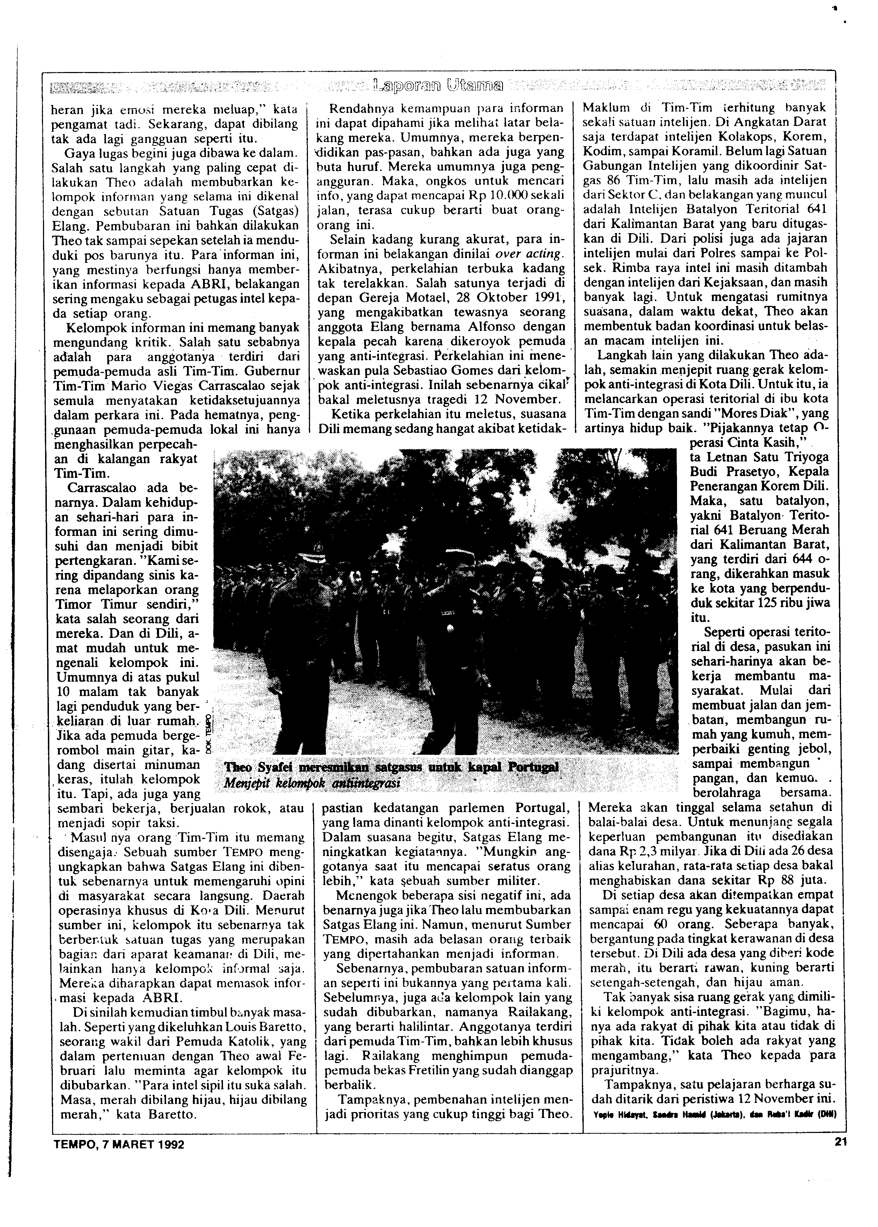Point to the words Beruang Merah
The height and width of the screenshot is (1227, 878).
point(781,529)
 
